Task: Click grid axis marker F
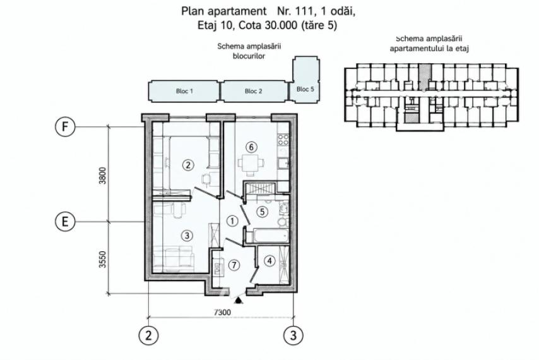click(65, 127)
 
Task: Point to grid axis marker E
click(65, 222)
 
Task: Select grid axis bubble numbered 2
click(148, 335)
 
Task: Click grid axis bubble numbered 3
click(293, 335)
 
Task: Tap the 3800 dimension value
click(103, 176)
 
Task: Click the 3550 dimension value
click(103, 259)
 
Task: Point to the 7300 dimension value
click(222, 312)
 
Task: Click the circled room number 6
click(251, 147)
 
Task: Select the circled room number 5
click(263, 212)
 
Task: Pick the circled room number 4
click(269, 261)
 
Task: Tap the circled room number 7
click(234, 265)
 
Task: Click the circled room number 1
click(232, 221)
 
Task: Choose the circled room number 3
click(187, 236)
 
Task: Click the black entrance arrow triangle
click(237, 301)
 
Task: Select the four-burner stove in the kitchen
click(283, 139)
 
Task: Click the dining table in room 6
click(251, 163)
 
